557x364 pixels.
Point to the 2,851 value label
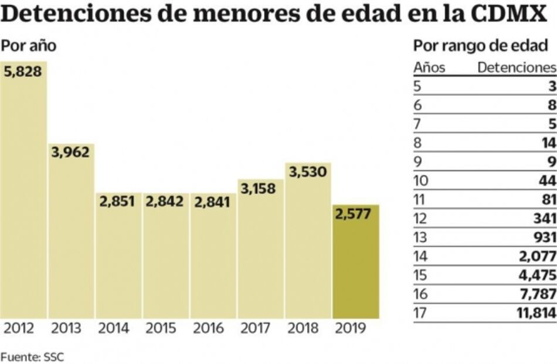(118, 201)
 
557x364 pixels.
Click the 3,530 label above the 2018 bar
(308, 173)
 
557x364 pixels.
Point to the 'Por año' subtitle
(29, 46)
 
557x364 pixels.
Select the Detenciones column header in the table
(516, 68)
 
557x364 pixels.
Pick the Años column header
(429, 68)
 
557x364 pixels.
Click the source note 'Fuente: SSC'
(32, 356)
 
